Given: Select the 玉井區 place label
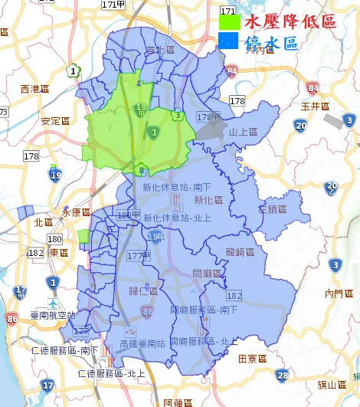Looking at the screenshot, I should tap(315, 106).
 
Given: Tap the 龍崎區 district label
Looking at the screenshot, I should tap(241, 251).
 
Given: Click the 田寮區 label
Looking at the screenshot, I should tap(252, 358).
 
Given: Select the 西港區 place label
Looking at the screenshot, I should tap(35, 89).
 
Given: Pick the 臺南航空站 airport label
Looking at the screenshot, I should tap(51, 315).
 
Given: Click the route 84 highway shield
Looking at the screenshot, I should tap(232, 74).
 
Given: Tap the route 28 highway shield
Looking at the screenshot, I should tap(283, 375).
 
